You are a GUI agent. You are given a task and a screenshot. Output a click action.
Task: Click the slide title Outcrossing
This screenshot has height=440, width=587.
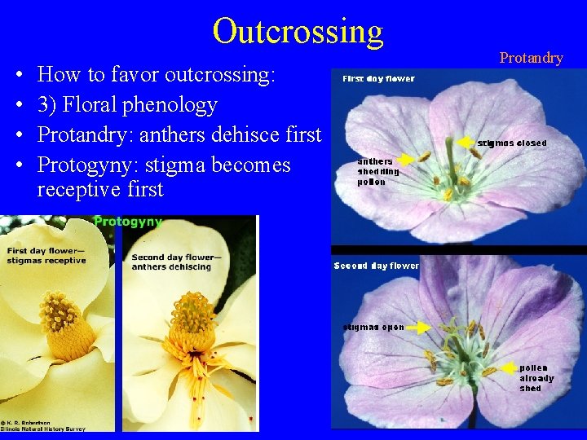pyautogui.click(x=298, y=31)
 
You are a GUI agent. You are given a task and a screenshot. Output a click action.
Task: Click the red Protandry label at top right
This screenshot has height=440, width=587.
pyautogui.click(x=531, y=58)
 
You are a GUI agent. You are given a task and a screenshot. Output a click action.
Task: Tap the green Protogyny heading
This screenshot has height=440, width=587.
pyautogui.click(x=128, y=222)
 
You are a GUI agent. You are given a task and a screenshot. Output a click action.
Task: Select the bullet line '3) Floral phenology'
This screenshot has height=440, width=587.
pyautogui.click(x=127, y=105)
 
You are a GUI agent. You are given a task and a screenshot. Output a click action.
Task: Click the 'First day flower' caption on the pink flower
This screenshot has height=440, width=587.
pyautogui.click(x=378, y=79)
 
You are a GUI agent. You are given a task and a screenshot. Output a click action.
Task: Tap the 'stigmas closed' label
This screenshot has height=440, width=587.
pyautogui.click(x=512, y=143)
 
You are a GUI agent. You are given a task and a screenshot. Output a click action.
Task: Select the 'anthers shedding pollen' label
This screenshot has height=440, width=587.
pyautogui.click(x=378, y=171)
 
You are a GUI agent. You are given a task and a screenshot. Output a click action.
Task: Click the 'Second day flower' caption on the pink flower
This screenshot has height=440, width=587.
pyautogui.click(x=377, y=266)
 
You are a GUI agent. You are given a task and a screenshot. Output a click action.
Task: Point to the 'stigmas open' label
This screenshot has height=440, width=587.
pyautogui.click(x=372, y=327)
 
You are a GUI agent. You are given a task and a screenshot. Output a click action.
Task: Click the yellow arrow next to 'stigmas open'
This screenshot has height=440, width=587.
pyautogui.click(x=419, y=327)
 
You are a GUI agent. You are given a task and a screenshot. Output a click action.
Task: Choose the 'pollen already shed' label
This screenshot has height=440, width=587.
pyautogui.click(x=536, y=378)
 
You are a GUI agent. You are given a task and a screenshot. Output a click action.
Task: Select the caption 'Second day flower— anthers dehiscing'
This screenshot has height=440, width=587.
pyautogui.click(x=172, y=262)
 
